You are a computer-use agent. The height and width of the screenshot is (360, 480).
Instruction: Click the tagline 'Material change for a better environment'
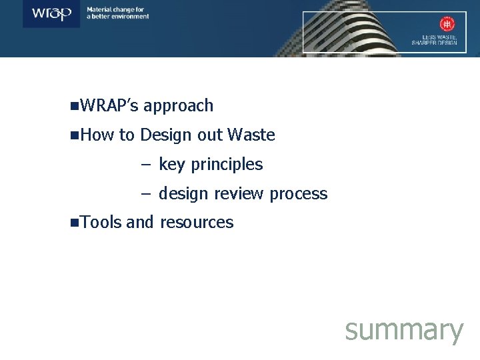pyautogui.click(x=118, y=13)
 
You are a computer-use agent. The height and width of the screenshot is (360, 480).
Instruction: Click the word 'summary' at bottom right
pyautogui.click(x=404, y=329)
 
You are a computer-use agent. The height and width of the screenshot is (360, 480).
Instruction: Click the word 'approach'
pyautogui.click(x=178, y=105)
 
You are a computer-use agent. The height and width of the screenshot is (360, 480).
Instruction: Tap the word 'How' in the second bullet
pyautogui.click(x=97, y=135)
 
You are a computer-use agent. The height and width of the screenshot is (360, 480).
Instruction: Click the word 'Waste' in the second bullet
pyautogui.click(x=251, y=135)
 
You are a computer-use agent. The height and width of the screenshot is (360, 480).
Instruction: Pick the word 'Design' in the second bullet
pyautogui.click(x=166, y=135)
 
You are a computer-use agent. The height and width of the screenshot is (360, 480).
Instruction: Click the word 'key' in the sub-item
pyautogui.click(x=172, y=165)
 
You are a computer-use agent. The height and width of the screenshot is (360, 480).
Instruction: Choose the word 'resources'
pyautogui.click(x=197, y=222)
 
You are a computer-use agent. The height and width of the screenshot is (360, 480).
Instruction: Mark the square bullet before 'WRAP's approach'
pyautogui.click(x=73, y=106)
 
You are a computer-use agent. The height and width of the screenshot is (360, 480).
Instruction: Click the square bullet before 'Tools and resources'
pyautogui.click(x=73, y=223)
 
